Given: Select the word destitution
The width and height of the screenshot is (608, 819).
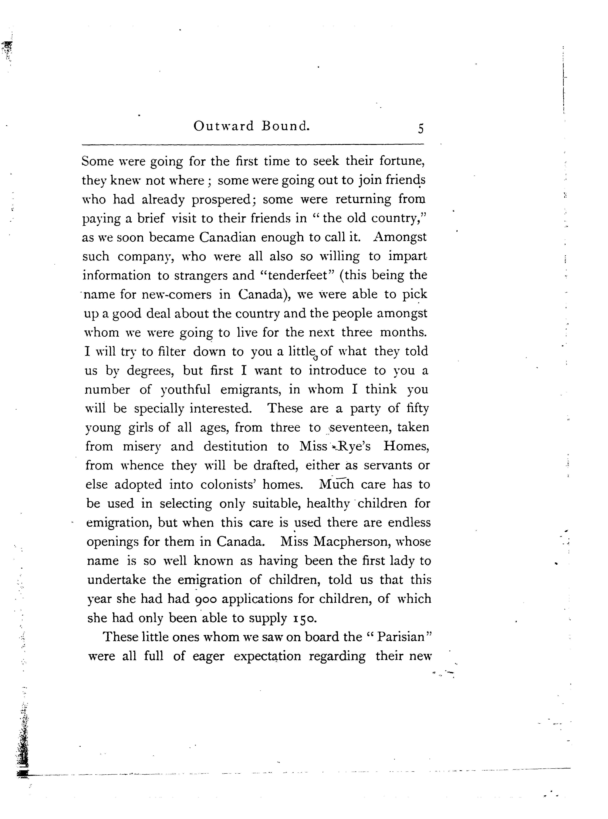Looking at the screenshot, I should [x=236, y=446].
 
